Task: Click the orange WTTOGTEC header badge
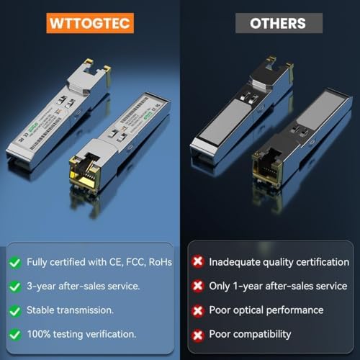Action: point(89,22)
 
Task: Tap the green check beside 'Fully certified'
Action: point(14,262)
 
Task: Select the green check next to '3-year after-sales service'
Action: point(14,286)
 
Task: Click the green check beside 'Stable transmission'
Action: point(14,310)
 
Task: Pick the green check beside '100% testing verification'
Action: point(14,333)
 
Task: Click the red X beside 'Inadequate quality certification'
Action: point(197,262)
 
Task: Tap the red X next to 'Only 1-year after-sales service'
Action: point(197,286)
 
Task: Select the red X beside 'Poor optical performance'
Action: point(197,310)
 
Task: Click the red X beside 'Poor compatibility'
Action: point(197,333)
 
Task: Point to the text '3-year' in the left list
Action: point(42,286)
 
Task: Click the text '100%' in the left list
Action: point(40,333)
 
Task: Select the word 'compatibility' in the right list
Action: point(260,333)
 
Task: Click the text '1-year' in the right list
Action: point(249,286)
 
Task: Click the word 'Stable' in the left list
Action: point(43,310)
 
